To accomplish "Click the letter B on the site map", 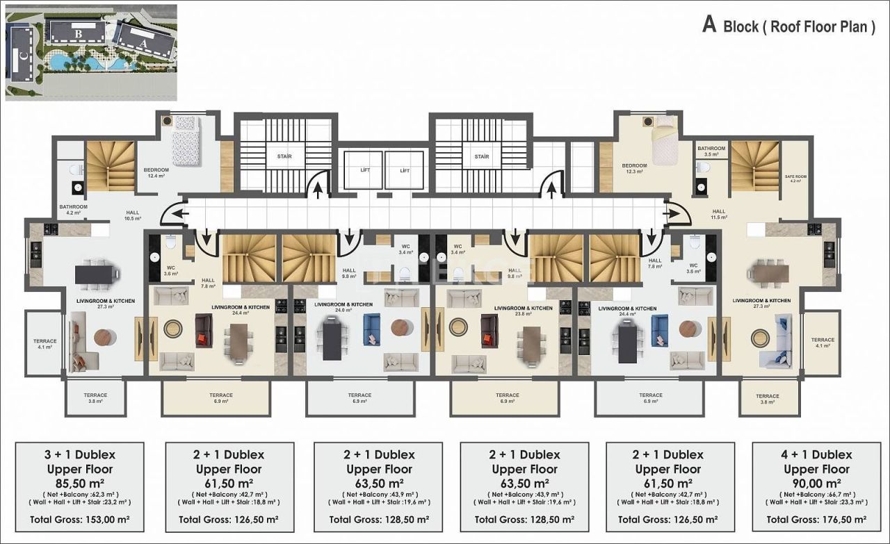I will tap(79, 32).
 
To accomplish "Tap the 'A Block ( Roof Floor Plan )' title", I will tap(788, 26).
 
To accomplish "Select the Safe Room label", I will tap(795, 179).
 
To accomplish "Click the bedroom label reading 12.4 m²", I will tap(156, 172).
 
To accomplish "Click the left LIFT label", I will tap(365, 170).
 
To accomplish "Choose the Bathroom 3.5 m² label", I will tap(711, 151).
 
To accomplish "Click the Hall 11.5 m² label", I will tap(718, 214).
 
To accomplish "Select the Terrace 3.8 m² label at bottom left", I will tap(95, 398).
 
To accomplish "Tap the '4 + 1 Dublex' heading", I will tap(816, 454).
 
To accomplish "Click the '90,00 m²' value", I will tap(816, 484).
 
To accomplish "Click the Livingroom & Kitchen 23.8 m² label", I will tap(523, 311).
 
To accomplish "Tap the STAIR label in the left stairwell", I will tap(284, 157).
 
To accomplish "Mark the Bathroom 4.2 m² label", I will tap(73, 210).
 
